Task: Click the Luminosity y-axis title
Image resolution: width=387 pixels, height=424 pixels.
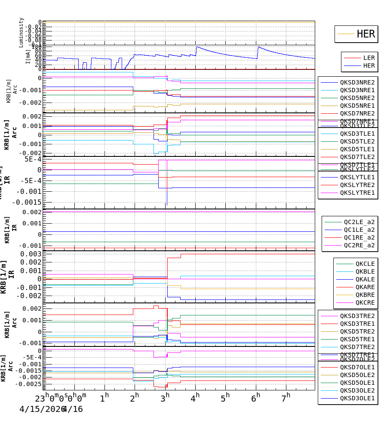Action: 21,32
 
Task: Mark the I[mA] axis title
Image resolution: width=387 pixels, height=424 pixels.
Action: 28,56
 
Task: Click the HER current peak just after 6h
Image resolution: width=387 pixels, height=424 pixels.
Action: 258,47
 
